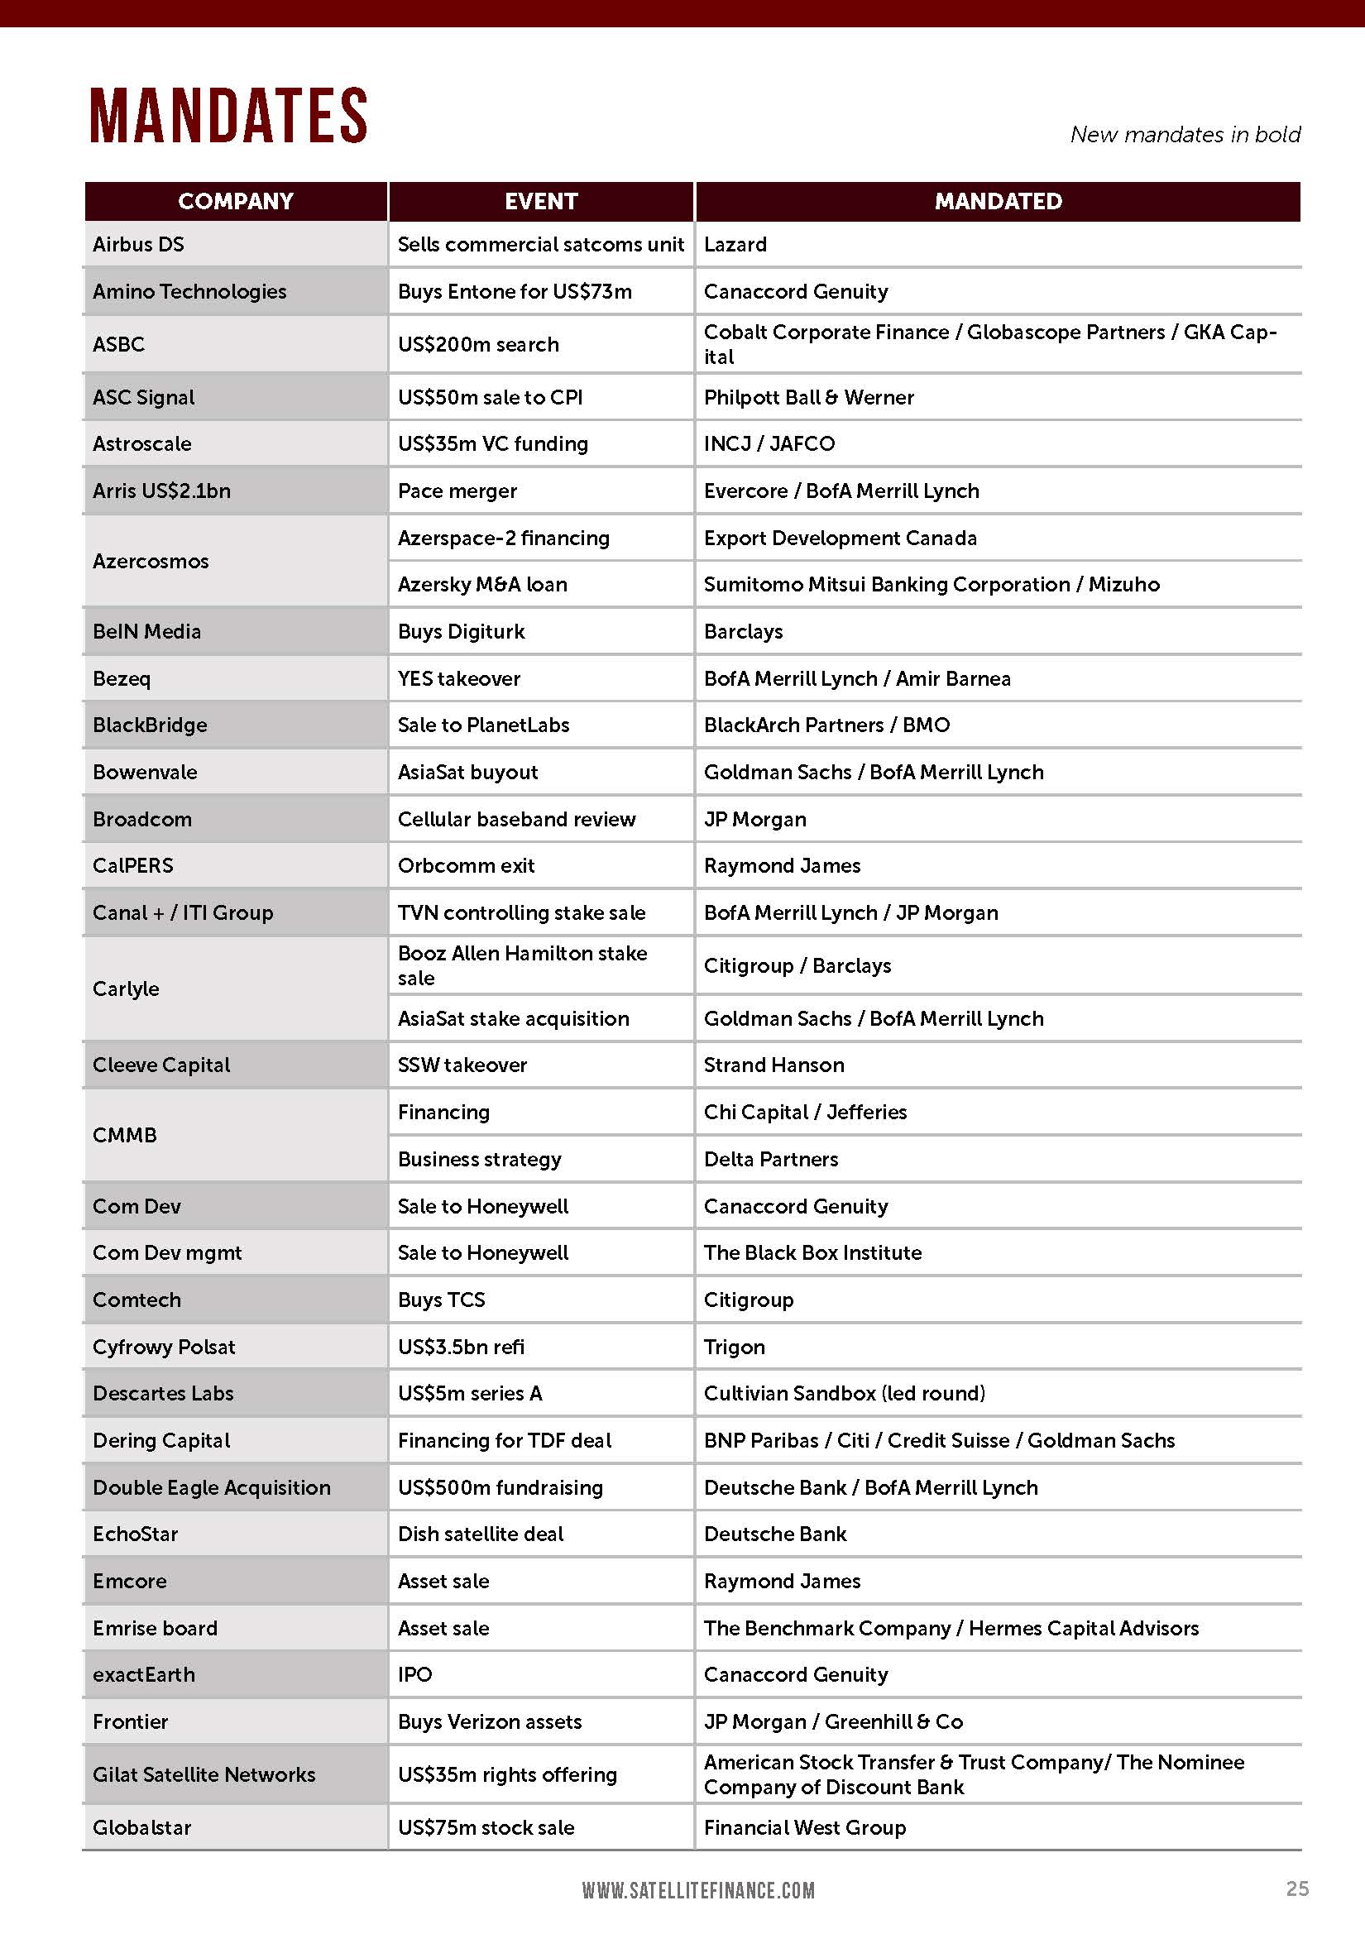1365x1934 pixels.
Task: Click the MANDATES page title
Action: point(228,116)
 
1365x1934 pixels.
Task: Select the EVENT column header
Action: point(541,201)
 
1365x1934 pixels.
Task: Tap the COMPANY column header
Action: point(236,201)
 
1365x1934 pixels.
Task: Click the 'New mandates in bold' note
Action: point(1185,135)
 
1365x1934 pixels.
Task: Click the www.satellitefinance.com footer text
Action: point(697,1890)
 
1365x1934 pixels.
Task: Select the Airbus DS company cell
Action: point(138,244)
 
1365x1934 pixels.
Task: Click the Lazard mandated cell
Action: point(735,244)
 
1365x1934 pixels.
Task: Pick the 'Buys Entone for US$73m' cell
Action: point(514,291)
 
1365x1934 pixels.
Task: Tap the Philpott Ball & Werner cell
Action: point(808,398)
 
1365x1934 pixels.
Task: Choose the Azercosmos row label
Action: point(151,561)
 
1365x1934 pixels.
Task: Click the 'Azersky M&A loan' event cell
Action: point(482,585)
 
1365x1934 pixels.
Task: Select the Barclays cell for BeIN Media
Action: point(743,632)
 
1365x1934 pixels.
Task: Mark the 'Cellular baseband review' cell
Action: point(516,820)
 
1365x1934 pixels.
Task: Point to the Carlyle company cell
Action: point(126,989)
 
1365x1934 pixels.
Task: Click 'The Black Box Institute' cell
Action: point(812,1252)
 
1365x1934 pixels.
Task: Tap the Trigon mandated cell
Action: point(734,1347)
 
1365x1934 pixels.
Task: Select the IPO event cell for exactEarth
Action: point(414,1674)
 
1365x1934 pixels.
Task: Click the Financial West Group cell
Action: point(805,1827)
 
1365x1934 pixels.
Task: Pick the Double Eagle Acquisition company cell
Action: point(212,1487)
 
